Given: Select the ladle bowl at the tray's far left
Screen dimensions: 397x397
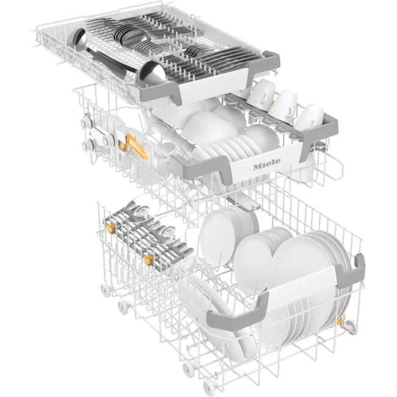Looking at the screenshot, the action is tap(77, 40).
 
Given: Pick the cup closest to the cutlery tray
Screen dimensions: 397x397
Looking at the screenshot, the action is tap(261, 94).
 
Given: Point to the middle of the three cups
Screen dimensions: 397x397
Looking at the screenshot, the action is tap(283, 106).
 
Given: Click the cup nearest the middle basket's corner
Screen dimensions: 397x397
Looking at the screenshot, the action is tap(309, 118).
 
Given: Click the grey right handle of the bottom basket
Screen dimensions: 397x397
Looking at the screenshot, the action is tap(351, 272).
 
